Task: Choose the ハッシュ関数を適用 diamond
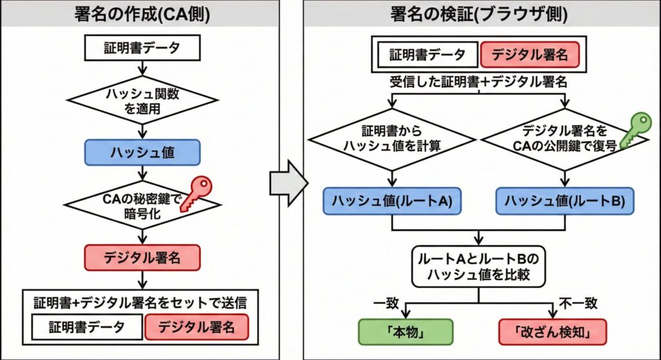(142, 101)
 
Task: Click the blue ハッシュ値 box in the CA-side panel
(142, 152)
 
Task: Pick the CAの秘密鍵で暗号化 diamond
(142, 206)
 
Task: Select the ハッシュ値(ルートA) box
(392, 201)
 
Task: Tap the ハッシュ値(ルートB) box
(565, 201)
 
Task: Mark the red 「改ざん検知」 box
(553, 332)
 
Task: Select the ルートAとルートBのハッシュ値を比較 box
(478, 266)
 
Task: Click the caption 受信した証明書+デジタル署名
(478, 82)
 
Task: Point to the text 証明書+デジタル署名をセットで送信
(140, 302)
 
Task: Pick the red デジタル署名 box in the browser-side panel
(530, 55)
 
